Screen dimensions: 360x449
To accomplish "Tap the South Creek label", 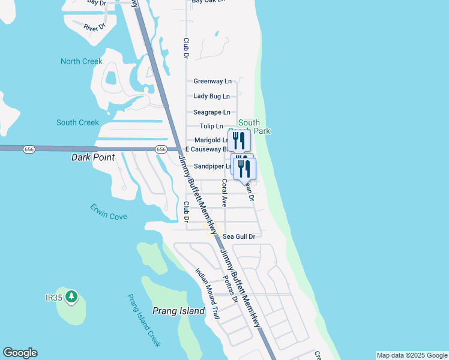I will click(x=77, y=122).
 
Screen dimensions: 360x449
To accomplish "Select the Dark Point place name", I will click(x=92, y=158).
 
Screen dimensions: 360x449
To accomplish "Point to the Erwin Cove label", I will click(x=109, y=212).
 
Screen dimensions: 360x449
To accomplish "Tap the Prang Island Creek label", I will click(x=144, y=320).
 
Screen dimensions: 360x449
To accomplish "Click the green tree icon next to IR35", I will click(x=71, y=296).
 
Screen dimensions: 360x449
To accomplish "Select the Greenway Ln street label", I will click(x=212, y=81).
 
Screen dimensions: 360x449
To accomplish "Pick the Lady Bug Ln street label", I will click(x=211, y=96).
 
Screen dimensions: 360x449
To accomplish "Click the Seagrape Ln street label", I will click(x=212, y=112).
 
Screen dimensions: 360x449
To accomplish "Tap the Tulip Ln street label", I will click(x=211, y=127).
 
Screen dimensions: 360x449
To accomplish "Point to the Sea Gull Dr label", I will click(x=239, y=236).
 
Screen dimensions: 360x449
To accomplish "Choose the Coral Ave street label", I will click(x=224, y=193).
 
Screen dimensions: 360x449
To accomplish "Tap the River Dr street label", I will click(x=95, y=27).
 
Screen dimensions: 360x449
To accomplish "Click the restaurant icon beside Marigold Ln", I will click(x=239, y=141).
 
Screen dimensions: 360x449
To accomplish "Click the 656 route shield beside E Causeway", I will click(x=160, y=149).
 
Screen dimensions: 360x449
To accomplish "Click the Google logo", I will click(x=20, y=353).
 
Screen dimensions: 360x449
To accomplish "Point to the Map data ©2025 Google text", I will click(x=412, y=355).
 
